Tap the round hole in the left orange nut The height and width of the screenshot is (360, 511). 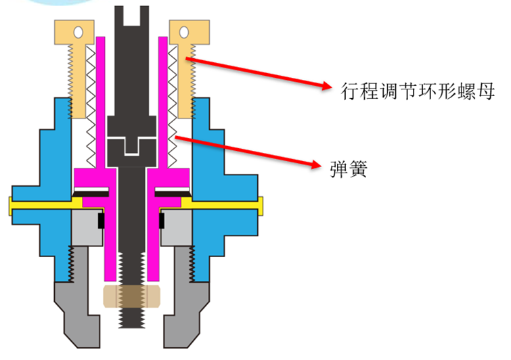pyautogui.click(x=79, y=32)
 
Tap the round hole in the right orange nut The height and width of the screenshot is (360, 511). pyautogui.click(x=183, y=32)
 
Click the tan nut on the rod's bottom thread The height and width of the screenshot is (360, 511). pyautogui.click(x=131, y=296)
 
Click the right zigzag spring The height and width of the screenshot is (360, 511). pyautogui.click(x=172, y=102)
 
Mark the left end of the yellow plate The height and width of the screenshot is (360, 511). pyautogui.click(x=12, y=205)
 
